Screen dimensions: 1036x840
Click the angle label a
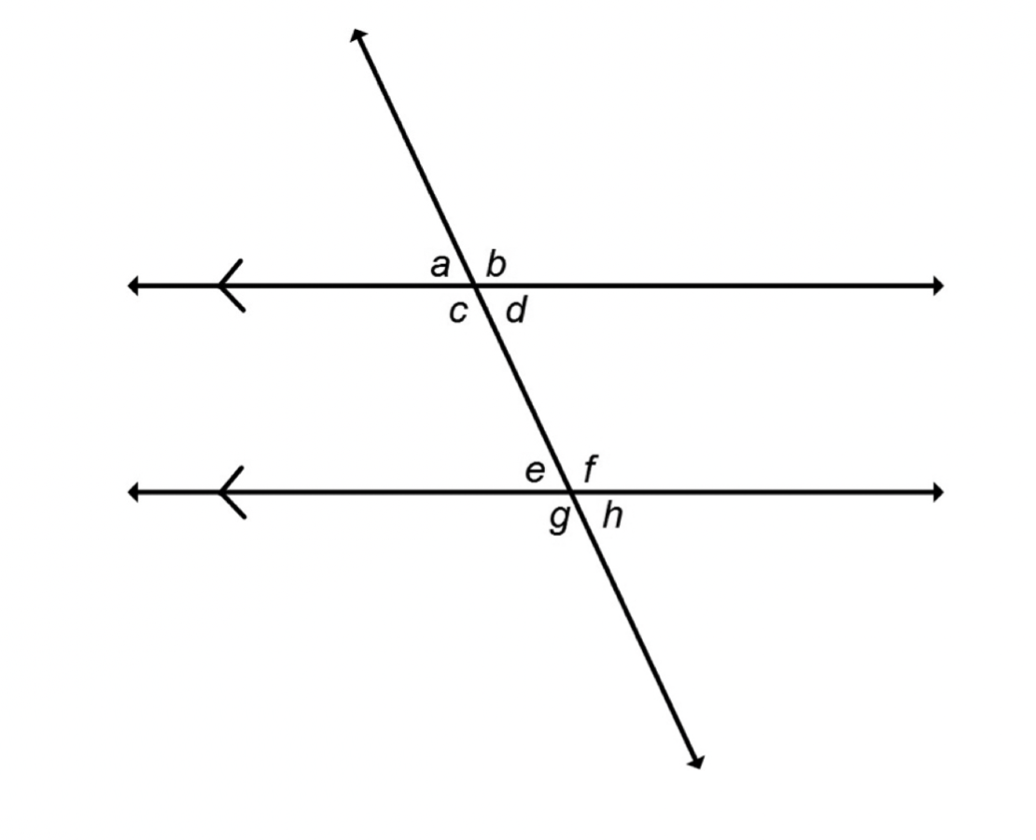pyautogui.click(x=440, y=266)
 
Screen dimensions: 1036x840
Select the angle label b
pyautogui.click(x=496, y=264)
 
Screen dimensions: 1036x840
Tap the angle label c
pyautogui.click(x=458, y=312)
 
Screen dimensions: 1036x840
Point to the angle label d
pyautogui.click(x=516, y=309)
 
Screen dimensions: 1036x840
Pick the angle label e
pyautogui.click(x=535, y=472)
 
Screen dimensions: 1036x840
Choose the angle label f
pyautogui.click(x=591, y=469)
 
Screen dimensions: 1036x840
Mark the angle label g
pyautogui.click(x=559, y=520)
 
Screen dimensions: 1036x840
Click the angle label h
pyautogui.click(x=612, y=515)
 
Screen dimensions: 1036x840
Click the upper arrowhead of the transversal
pyautogui.click(x=357, y=35)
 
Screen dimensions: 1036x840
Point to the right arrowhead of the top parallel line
pyautogui.click(x=938, y=286)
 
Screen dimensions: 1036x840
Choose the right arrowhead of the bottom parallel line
pyautogui.click(x=938, y=493)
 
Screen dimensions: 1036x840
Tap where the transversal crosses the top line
pyautogui.click(x=474, y=286)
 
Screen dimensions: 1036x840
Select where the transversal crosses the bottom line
pyautogui.click(x=571, y=493)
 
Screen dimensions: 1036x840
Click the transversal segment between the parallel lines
pyautogui.click(x=523, y=388)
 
